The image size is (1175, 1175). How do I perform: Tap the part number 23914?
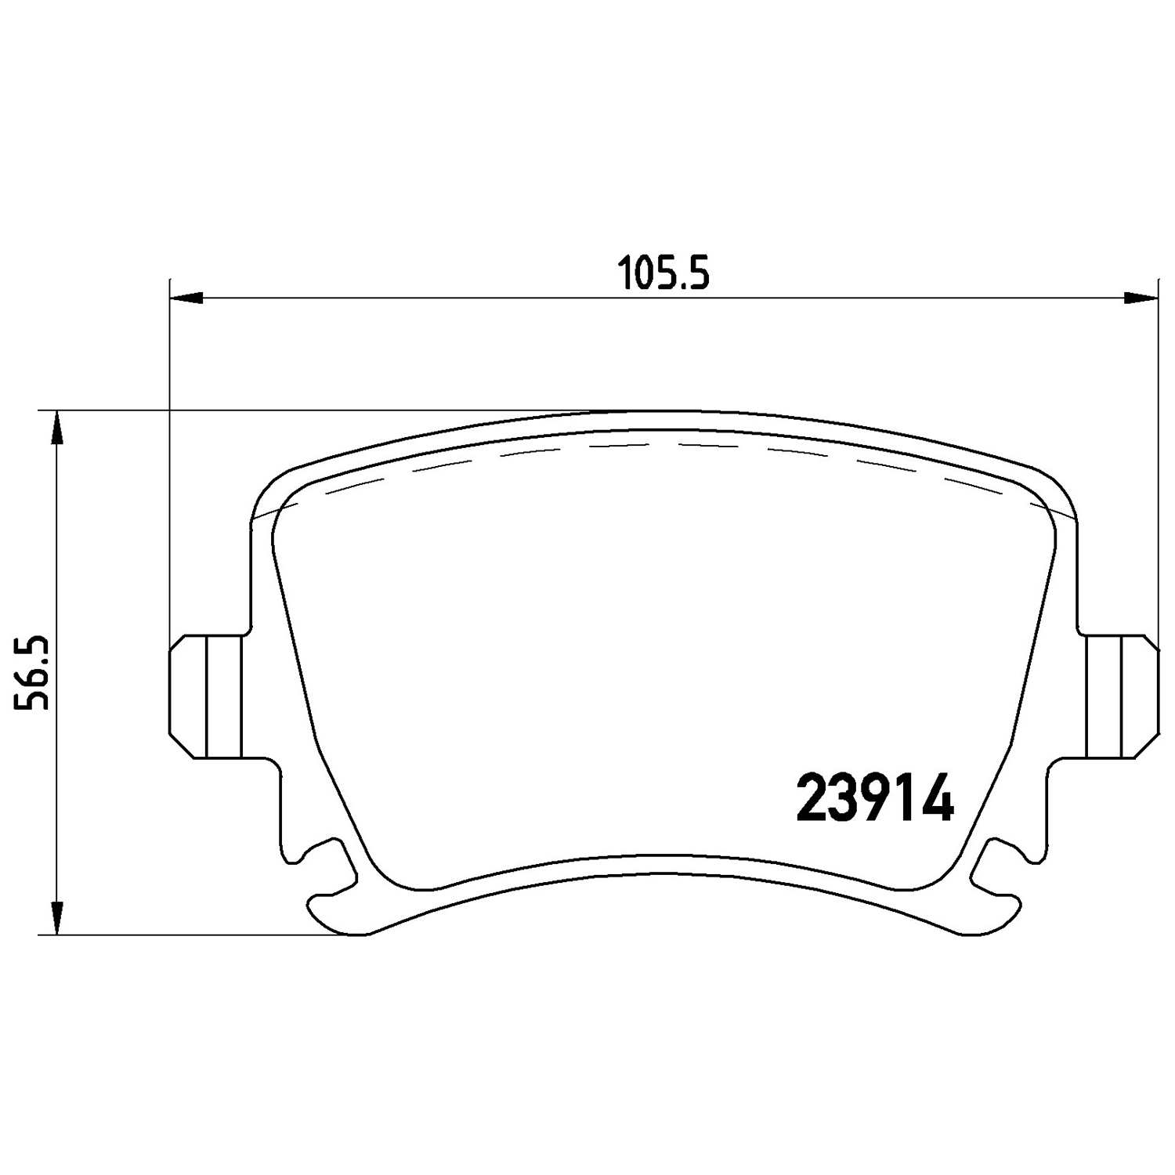click(875, 798)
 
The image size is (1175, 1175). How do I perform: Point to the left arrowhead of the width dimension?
click(186, 297)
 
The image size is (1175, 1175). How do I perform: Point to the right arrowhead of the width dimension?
click(1141, 297)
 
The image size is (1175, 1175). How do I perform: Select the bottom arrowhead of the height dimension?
click(56, 918)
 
